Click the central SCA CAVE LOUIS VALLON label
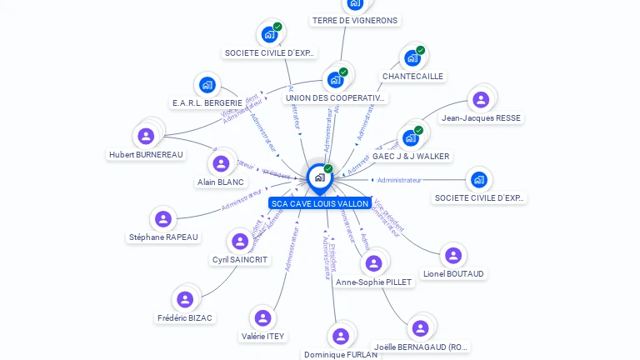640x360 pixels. pyautogui.click(x=319, y=203)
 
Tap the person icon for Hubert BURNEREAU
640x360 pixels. pyautogui.click(x=146, y=136)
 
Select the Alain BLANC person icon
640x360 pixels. pyautogui.click(x=221, y=163)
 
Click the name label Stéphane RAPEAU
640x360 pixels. pyautogui.click(x=163, y=237)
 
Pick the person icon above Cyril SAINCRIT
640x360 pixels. pyautogui.click(x=240, y=242)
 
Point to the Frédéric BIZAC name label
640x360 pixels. pyautogui.click(x=185, y=318)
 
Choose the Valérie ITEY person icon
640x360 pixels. pyautogui.click(x=262, y=317)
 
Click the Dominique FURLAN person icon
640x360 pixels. pyautogui.click(x=340, y=336)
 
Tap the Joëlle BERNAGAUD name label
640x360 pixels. pyautogui.click(x=421, y=347)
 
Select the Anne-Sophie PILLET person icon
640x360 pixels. pyautogui.click(x=373, y=263)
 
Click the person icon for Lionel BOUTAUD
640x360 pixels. pyautogui.click(x=452, y=255)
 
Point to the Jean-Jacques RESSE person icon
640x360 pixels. pyautogui.click(x=480, y=100)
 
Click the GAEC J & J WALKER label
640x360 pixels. pyautogui.click(x=411, y=157)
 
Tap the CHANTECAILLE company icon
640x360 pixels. pyautogui.click(x=412, y=58)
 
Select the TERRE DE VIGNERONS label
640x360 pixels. pyautogui.click(x=355, y=20)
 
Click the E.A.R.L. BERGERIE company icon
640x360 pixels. pyautogui.click(x=207, y=85)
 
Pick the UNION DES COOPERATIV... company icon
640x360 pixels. pyautogui.click(x=335, y=80)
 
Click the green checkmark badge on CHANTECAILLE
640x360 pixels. pyautogui.click(x=420, y=50)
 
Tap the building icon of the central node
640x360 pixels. pyautogui.click(x=319, y=177)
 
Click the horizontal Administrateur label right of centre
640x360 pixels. pyautogui.click(x=399, y=180)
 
